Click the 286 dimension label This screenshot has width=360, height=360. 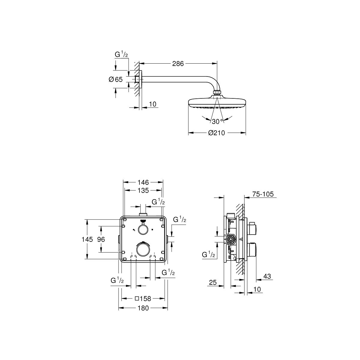178,64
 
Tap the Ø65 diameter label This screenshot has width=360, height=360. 115,79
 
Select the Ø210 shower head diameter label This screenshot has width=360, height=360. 217,133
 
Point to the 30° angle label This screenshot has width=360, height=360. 217,121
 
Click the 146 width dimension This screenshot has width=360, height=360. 143,182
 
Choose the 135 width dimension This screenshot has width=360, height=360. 143,190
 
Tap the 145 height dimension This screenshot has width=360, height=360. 87,239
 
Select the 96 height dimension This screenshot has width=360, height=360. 101,239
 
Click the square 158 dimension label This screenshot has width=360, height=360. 143,298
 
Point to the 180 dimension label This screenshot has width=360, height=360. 143,308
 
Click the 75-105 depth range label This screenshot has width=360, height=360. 263,194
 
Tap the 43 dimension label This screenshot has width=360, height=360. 267,276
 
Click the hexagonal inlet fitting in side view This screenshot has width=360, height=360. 231,239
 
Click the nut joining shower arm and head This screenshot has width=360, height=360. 217,93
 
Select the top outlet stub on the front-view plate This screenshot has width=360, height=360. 143,214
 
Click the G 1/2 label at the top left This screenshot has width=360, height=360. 121,55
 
